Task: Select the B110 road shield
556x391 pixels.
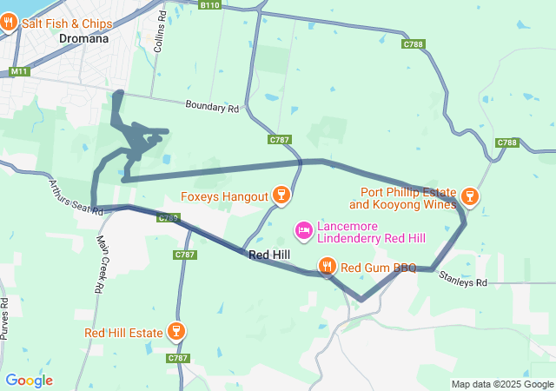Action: [209, 5]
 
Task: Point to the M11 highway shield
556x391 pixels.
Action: [19, 70]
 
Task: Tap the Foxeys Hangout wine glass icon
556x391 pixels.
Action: [281, 195]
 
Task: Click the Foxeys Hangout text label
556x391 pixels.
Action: [225, 196]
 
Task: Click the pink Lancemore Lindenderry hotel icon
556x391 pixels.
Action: [304, 230]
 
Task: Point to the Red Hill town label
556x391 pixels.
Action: [270, 255]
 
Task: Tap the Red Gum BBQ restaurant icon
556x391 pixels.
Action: [328, 267]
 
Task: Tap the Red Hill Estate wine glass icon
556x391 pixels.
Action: [176, 332]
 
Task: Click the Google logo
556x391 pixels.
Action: [29, 381]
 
